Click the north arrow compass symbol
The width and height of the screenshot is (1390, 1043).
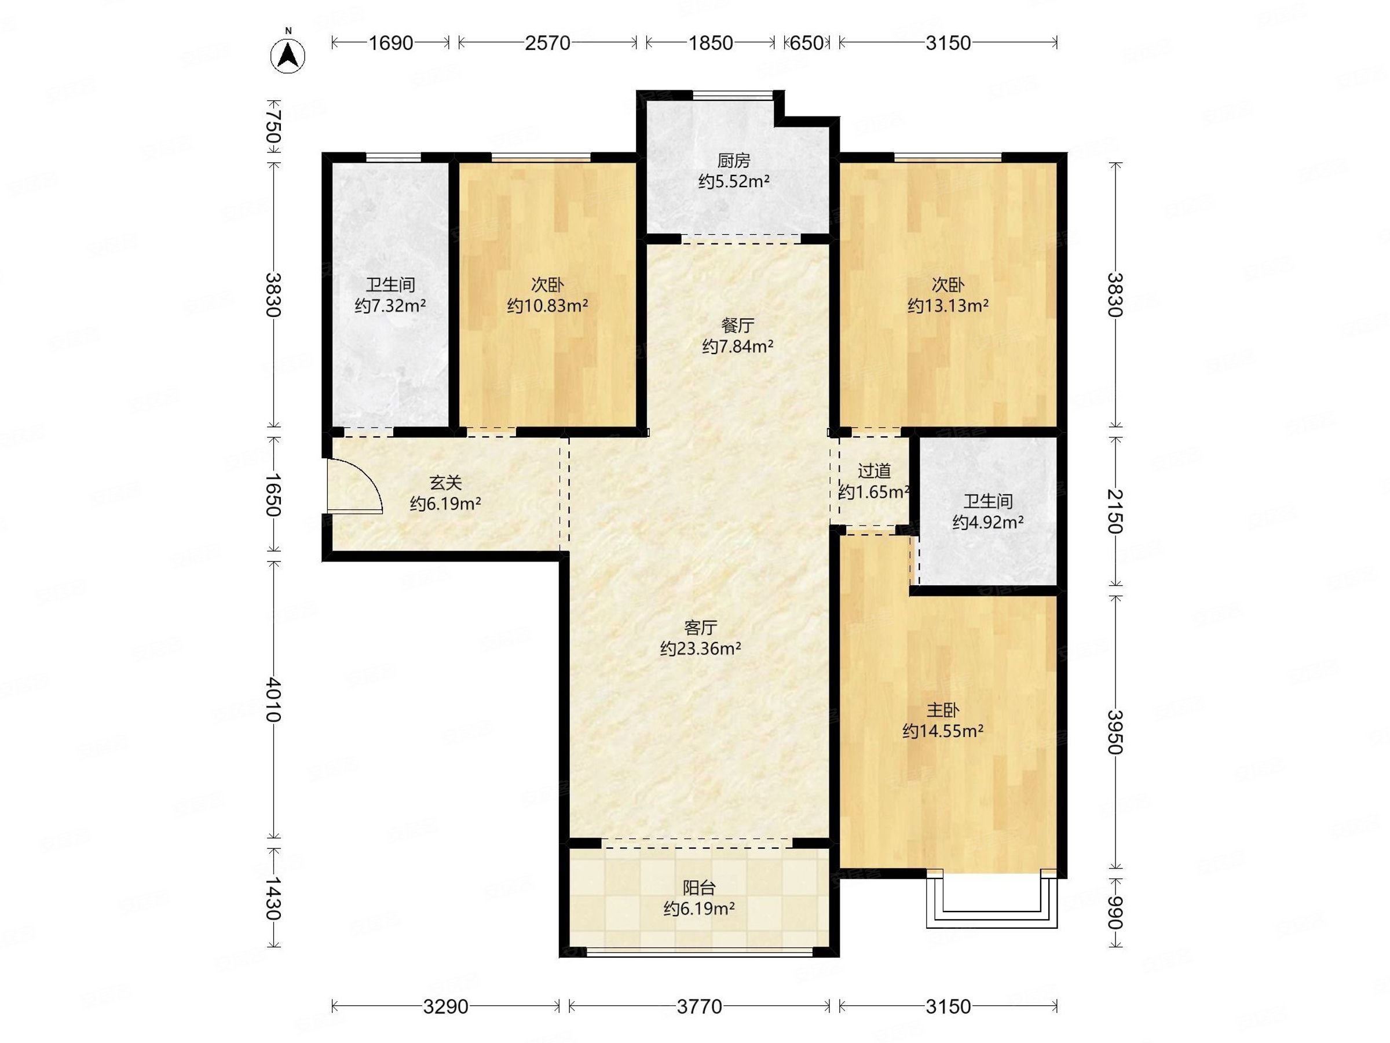pos(288,54)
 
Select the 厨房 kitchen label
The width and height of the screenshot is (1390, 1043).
pos(733,161)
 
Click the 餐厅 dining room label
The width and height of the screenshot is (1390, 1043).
pos(738,326)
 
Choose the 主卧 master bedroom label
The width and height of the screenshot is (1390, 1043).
pos(942,710)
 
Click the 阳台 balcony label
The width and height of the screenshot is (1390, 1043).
pos(700,888)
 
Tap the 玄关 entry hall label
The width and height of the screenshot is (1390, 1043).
pos(445,483)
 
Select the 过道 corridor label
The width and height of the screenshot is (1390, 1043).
pos(874,471)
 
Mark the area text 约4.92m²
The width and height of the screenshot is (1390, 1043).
pos(989,523)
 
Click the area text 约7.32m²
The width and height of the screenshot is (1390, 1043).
pos(390,306)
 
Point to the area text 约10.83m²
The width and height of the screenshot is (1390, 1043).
pos(547,306)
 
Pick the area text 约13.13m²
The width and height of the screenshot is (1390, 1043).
pos(948,306)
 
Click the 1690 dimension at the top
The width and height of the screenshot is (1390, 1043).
pos(390,43)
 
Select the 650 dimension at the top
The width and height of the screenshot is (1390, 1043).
pos(806,43)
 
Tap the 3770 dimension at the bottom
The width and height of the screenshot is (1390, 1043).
pos(700,1006)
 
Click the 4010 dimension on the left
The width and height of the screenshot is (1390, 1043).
pos(273,699)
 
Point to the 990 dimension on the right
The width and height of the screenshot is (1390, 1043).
pos(1115,912)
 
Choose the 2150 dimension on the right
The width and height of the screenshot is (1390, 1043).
pos(1115,510)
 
